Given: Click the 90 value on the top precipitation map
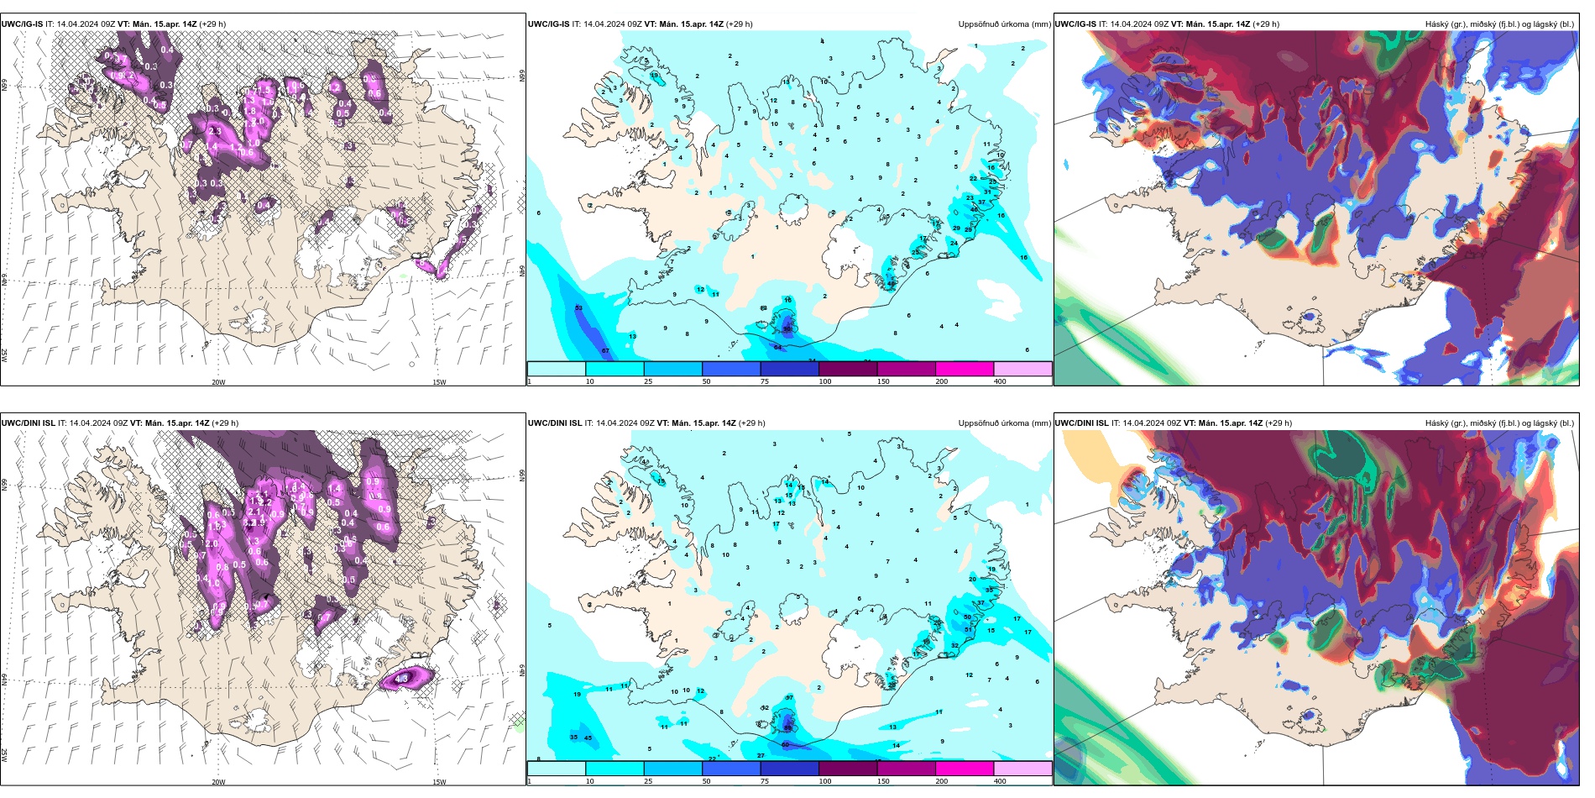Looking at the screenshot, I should coord(787,329).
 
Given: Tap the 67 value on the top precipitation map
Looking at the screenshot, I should coord(605,350).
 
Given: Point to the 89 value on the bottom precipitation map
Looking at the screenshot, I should coord(787,727).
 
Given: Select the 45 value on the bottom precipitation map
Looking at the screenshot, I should coord(588,738).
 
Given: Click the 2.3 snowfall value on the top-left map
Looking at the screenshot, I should coord(215,132).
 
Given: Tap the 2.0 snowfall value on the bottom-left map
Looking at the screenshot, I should coord(212,543).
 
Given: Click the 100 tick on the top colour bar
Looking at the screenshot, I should coord(824,381).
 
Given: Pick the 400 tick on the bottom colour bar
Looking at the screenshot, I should coord(1000,781).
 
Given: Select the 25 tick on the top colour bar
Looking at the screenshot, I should coord(648,381).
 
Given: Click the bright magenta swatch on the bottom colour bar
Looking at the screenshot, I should coord(965,769).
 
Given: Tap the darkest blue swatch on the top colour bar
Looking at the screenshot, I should coord(789,369).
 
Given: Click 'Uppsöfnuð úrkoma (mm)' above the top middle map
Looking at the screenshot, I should coord(1004,24).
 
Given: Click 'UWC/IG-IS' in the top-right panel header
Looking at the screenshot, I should coord(1075,24).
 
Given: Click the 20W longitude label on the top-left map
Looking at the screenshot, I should coord(218,382).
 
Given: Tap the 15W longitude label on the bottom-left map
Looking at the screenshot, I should coord(439,782).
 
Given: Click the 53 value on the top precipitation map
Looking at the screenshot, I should coord(578,308).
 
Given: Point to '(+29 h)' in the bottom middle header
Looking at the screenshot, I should coord(752,423).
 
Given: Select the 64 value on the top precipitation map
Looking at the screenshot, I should coord(777,347).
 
